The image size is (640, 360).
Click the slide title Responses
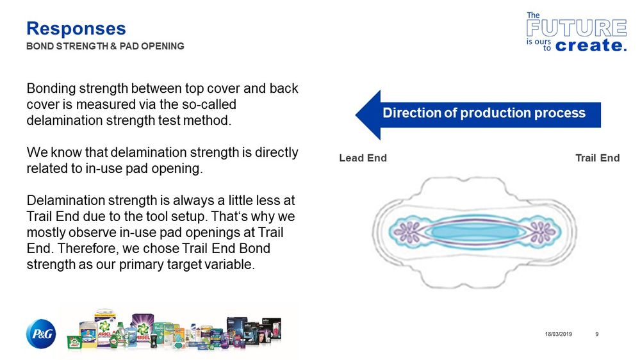pos(76,29)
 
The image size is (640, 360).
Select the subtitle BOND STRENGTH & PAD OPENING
pos(105,46)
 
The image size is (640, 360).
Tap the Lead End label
pos(363,158)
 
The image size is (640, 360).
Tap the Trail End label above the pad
pos(597,158)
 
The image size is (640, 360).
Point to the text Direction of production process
pos(484,113)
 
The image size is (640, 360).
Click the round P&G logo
pos(41,334)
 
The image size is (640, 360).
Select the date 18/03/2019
pos(558,334)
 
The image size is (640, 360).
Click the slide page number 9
pos(596,334)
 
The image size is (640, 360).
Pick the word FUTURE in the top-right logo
pos(576,28)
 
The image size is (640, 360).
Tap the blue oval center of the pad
pos(465,232)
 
